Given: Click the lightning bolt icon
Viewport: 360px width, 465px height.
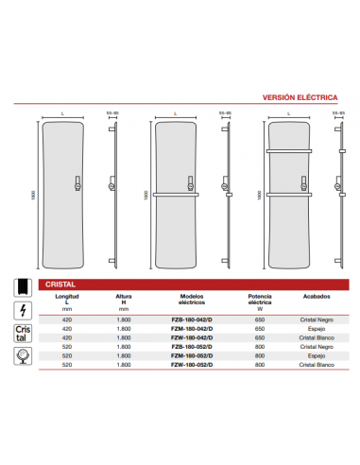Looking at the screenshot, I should click(x=22, y=309).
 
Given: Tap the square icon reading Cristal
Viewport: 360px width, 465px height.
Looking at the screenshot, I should click(x=22, y=334).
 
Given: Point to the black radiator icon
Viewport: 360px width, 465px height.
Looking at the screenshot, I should click(x=22, y=285).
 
